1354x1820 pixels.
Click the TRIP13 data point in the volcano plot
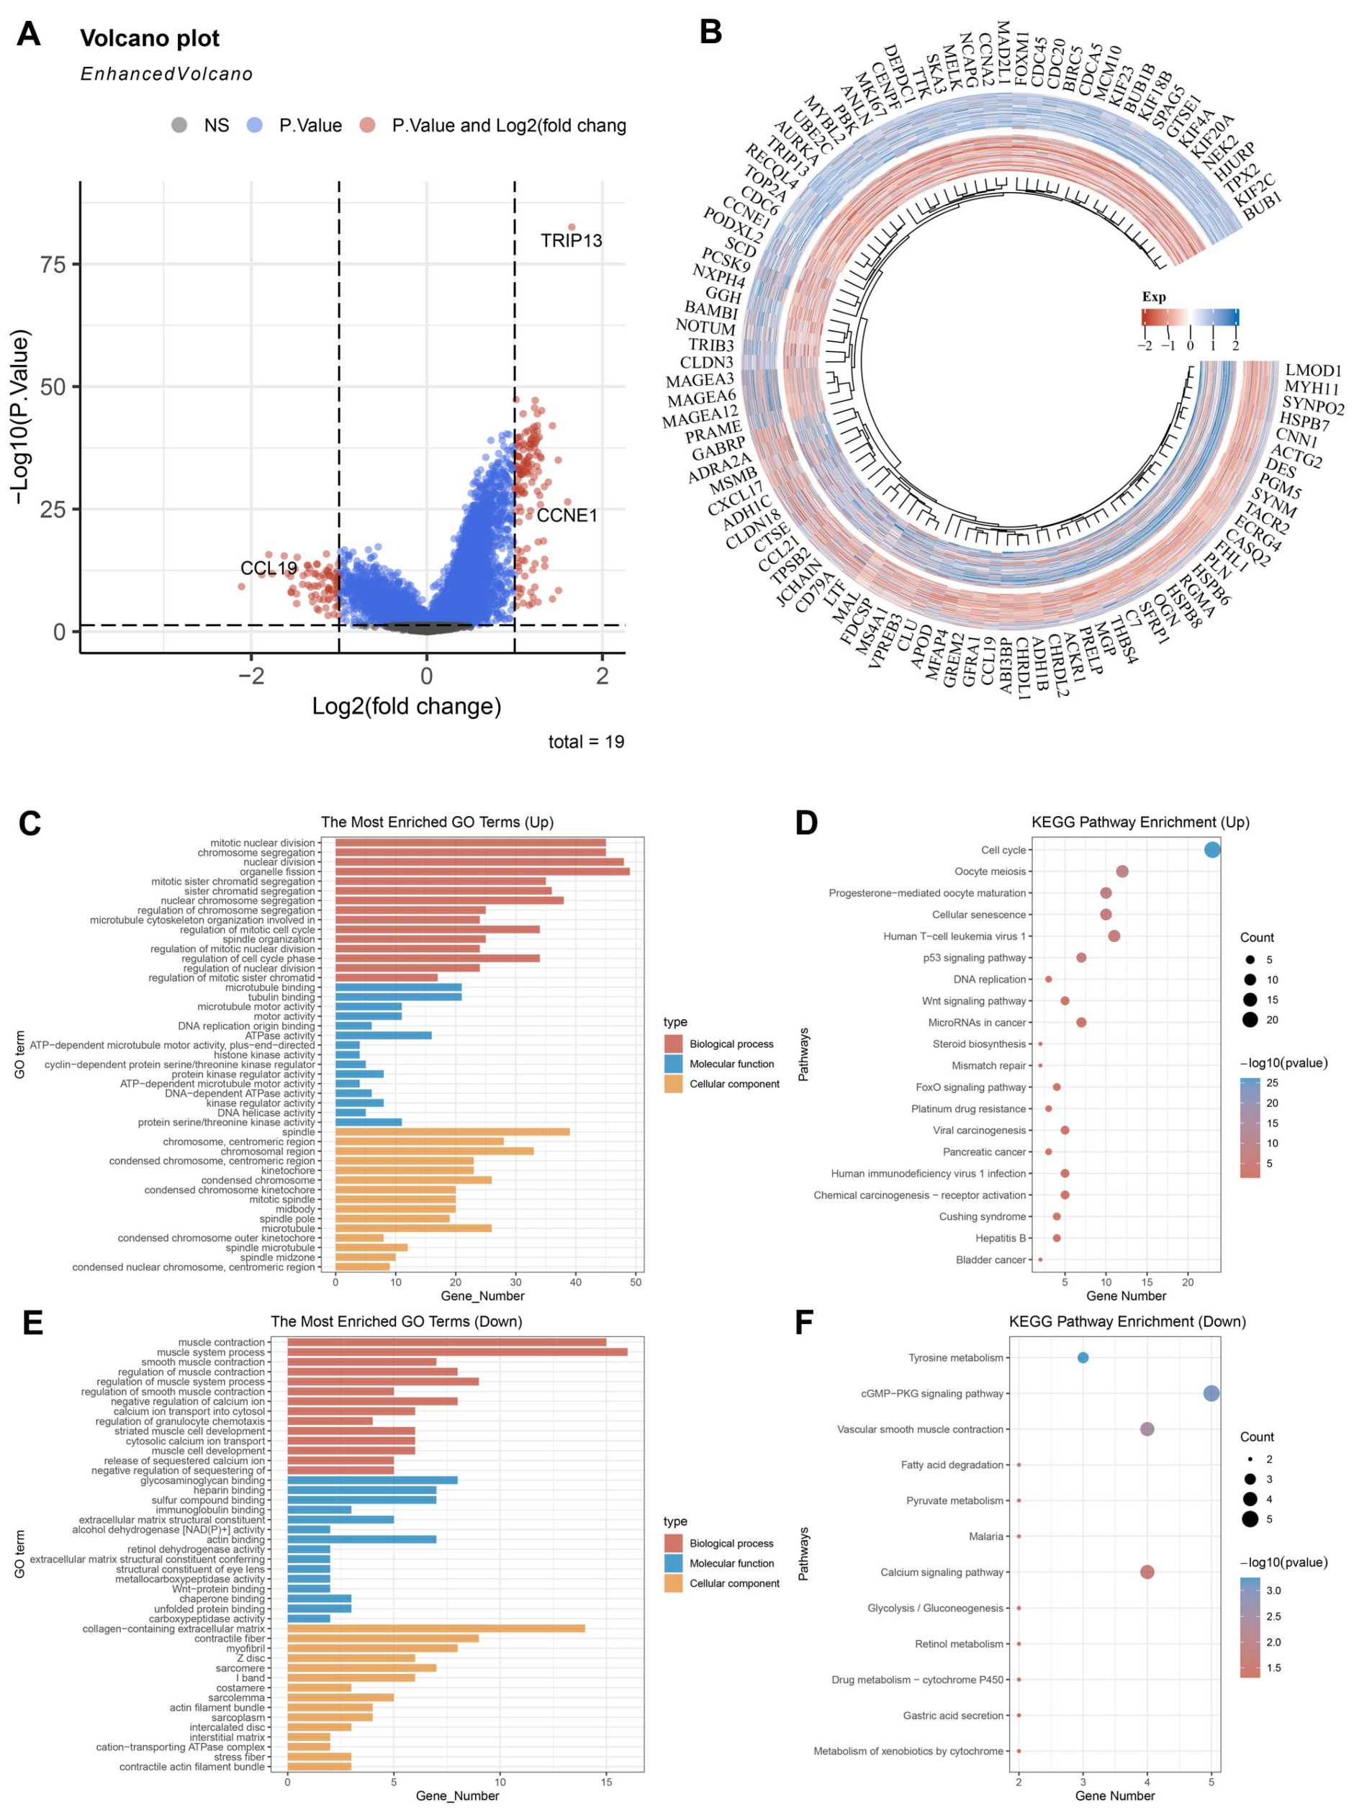coord(572,227)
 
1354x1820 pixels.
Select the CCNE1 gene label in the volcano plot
coord(567,515)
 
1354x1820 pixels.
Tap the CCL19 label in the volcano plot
coord(268,568)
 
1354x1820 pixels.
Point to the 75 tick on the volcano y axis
coord(53,265)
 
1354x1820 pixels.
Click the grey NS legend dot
coord(179,125)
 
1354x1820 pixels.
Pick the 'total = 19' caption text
coord(586,742)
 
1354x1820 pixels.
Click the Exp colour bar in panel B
coord(1189,317)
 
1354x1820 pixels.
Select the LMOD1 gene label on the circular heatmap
coord(1313,371)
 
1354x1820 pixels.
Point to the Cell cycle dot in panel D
coord(1212,850)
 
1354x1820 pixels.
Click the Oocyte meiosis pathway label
coord(989,871)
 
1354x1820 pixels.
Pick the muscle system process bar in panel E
coord(456,1352)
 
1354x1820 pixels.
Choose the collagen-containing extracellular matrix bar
coord(435,1629)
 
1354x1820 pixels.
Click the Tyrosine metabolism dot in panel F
coord(1083,1358)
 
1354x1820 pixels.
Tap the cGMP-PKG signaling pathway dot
coord(1211,1393)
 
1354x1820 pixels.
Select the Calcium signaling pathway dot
coord(1147,1572)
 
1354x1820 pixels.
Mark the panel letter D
coord(805,823)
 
